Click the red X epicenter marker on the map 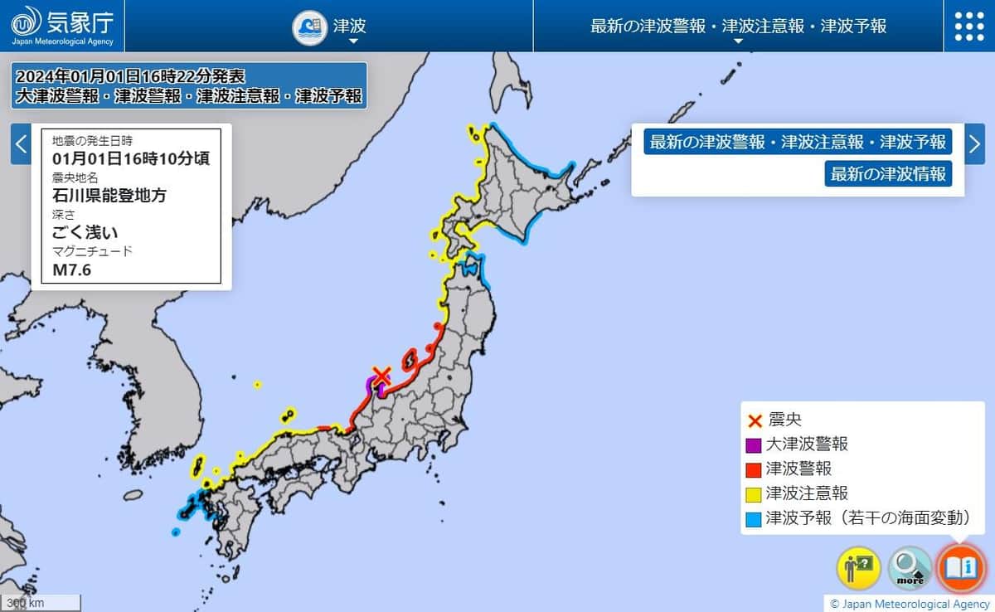(381, 376)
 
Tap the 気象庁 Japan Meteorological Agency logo (62, 25)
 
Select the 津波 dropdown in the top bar (330, 26)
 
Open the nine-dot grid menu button (968, 26)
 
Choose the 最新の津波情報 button (888, 174)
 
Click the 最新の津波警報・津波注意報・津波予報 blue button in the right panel (798, 142)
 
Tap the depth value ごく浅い (85, 232)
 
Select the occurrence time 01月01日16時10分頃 (130, 158)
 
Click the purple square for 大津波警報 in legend (754, 445)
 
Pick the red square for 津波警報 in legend (754, 469)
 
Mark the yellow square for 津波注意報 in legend (754, 494)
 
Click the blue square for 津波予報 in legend (754, 519)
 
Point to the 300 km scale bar (41, 603)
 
